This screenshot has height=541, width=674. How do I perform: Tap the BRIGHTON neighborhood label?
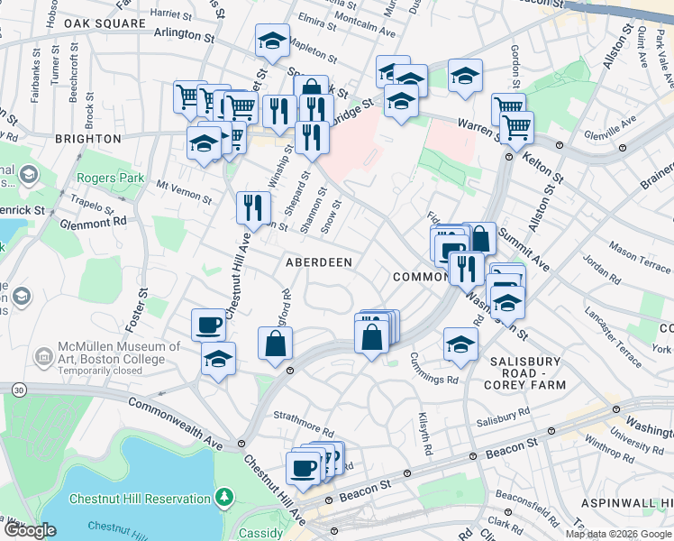[87, 139]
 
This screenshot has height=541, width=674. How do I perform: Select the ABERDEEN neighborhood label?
[318, 261]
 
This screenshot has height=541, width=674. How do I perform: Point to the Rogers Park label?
[111, 179]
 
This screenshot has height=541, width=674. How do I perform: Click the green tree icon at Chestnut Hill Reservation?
[223, 497]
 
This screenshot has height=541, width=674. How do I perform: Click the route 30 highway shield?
[19, 390]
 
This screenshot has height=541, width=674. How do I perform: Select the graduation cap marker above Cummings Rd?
[460, 344]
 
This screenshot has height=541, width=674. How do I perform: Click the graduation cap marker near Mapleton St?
[272, 40]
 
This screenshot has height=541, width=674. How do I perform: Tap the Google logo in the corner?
[30, 530]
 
